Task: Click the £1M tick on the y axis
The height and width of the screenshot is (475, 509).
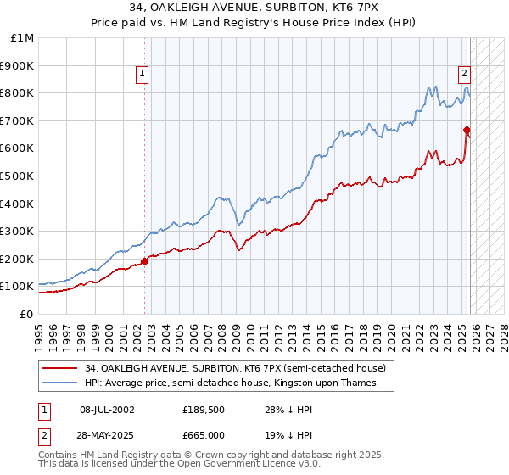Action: point(22,37)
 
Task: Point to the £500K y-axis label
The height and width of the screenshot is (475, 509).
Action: point(18,176)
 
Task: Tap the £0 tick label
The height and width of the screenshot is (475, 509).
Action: point(27,314)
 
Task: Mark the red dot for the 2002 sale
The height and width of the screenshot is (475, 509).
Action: point(144,261)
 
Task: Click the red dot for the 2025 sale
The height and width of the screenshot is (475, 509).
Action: point(467,130)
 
